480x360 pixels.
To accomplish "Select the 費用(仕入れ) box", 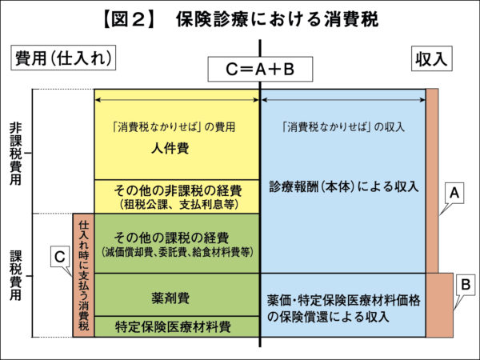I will pyautogui.click(x=62, y=58).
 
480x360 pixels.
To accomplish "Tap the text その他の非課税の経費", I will pyautogui.click(x=177, y=190).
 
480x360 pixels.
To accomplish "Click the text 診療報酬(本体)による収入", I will pyautogui.click(x=344, y=186).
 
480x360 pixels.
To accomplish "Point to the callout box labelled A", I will pyautogui.click(x=454, y=193).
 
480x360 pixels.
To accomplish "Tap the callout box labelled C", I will pyautogui.click(x=59, y=256).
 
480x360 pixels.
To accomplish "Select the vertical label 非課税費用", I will pyautogui.click(x=16, y=151).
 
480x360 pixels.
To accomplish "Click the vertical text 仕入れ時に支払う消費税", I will pyautogui.click(x=83, y=274).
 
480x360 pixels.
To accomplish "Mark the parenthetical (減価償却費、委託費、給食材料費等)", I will pyautogui.click(x=177, y=252).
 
